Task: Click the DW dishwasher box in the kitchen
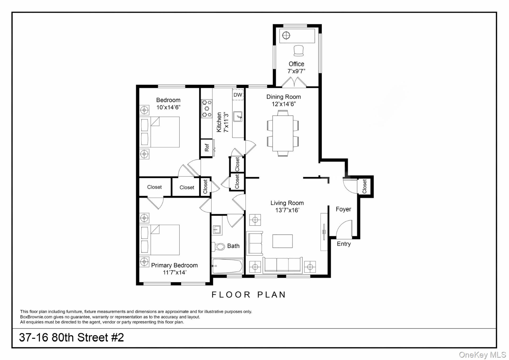coord(238,95)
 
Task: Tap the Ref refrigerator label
coord(207,148)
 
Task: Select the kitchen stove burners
coord(207,109)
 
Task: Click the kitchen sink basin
coord(238,117)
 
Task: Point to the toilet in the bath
coord(219,247)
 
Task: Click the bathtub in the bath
coord(227,266)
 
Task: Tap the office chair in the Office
coord(299,51)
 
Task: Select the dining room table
coord(283,133)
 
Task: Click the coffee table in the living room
coord(282,241)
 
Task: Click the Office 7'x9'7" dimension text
coord(296,71)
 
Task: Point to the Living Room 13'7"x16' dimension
coord(287,210)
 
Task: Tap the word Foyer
coord(343,209)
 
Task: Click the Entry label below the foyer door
coord(344,244)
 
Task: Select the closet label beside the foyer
coord(365,186)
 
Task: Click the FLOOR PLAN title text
coord(249,294)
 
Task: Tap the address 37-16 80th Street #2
coord(71,337)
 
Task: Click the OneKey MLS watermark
coord(482,355)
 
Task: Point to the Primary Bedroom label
coord(174,265)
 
